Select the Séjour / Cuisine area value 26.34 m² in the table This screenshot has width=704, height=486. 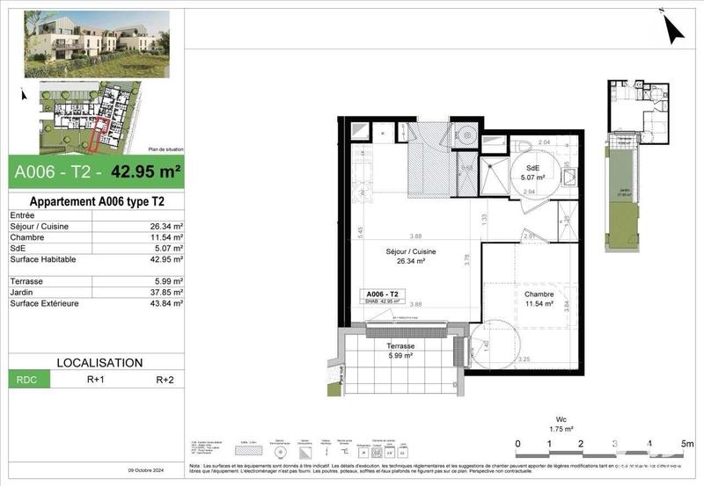165,227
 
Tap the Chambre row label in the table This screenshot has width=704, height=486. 27,238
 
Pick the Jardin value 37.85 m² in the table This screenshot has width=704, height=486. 165,293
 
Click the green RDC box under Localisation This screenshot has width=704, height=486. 29,381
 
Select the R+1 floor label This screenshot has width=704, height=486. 96,381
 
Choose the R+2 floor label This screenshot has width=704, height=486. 165,381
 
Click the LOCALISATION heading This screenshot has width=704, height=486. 99,362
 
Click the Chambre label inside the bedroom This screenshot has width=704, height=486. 538,294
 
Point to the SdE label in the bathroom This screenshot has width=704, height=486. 532,168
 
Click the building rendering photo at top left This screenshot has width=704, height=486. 95,43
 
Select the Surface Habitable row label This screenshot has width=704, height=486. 42,260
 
